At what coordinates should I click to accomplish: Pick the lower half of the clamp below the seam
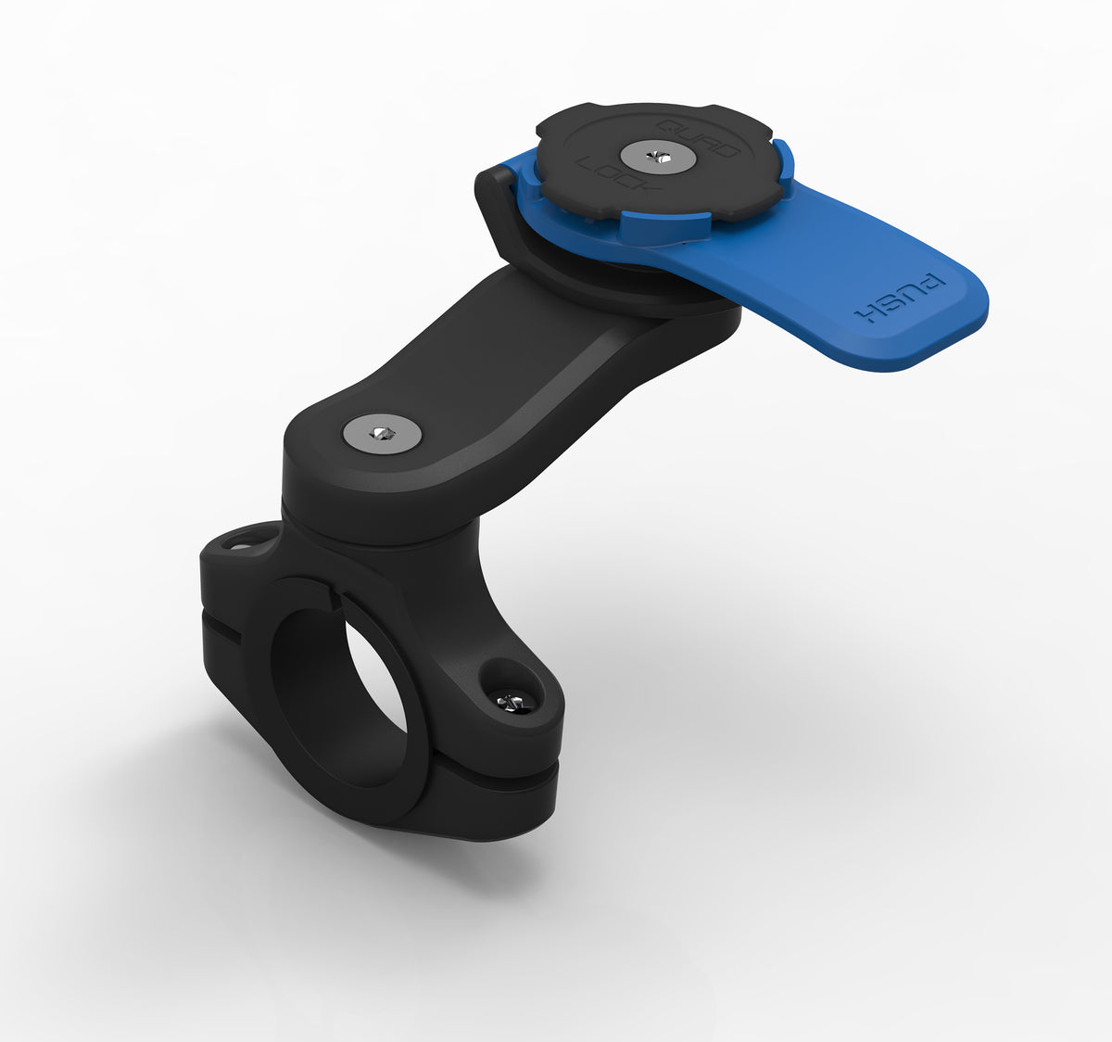tap(482, 797)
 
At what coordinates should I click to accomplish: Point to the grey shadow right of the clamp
tap(741, 649)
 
